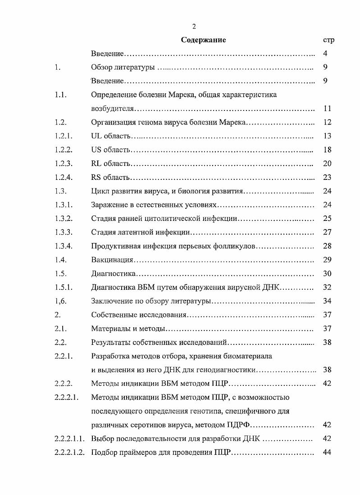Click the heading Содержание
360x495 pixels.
pyautogui.click(x=203, y=40)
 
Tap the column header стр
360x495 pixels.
pyautogui.click(x=328, y=40)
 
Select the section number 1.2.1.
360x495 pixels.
pyautogui.click(x=63, y=136)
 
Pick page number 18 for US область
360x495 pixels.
pyautogui.click(x=328, y=150)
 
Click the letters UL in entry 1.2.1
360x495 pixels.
pyautogui.click(x=96, y=136)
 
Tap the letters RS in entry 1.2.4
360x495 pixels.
pyautogui.click(x=96, y=177)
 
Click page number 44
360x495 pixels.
pyautogui.click(x=328, y=452)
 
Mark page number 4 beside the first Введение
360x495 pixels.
pyautogui.click(x=325, y=54)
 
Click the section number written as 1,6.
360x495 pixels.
pyautogui.click(x=60, y=301)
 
